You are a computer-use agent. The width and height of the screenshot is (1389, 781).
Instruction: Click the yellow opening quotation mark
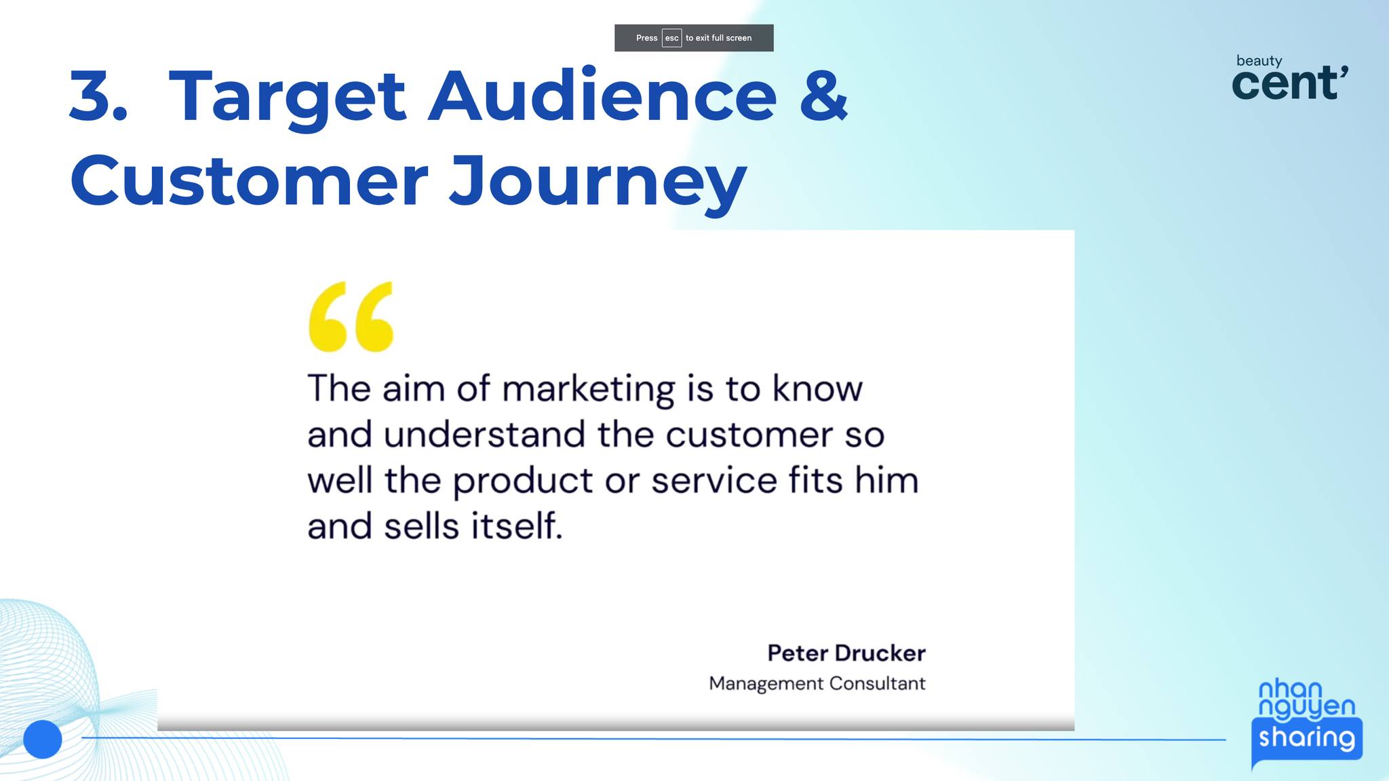pos(351,317)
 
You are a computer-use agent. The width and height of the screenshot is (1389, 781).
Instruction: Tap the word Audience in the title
pos(602,95)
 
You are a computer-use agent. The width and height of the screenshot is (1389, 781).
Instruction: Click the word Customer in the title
pos(249,180)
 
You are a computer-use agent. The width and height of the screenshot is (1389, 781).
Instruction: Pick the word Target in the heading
pos(287,99)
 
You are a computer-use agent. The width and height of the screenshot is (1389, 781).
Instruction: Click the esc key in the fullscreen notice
pos(671,38)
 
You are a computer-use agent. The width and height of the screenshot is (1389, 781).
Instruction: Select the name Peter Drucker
pos(846,653)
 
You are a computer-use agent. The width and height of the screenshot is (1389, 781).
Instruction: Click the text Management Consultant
pos(817,683)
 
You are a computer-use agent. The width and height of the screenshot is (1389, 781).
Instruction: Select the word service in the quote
pos(715,481)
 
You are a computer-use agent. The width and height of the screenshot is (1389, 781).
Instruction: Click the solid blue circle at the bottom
pos(43,739)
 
